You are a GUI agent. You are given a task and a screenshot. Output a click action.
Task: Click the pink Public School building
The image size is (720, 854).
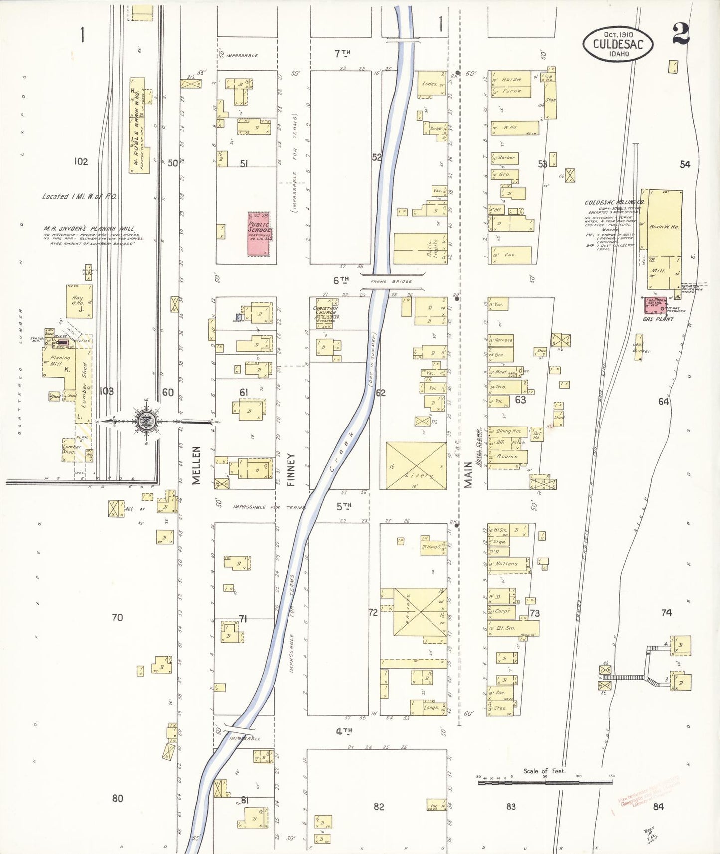pyautogui.click(x=260, y=234)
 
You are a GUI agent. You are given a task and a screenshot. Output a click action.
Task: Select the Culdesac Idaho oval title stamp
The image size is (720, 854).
pyautogui.click(x=618, y=44)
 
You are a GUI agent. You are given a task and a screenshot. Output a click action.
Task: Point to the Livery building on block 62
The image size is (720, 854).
pyautogui.click(x=416, y=465)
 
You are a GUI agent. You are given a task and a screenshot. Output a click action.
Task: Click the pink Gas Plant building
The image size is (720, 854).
pyautogui.click(x=654, y=305)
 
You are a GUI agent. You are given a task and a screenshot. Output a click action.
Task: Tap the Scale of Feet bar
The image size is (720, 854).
pyautogui.click(x=545, y=783)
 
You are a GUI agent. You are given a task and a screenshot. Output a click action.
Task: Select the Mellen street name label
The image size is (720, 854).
pyautogui.click(x=196, y=465)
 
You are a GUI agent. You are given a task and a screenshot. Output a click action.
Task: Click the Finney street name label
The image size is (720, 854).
pyautogui.click(x=291, y=469)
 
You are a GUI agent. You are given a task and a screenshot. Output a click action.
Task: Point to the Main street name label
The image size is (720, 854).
pyautogui.click(x=468, y=474)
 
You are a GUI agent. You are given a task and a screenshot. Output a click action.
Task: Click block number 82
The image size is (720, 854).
pyautogui.click(x=379, y=806)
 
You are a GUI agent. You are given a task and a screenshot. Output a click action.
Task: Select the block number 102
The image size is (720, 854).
pyautogui.click(x=81, y=161)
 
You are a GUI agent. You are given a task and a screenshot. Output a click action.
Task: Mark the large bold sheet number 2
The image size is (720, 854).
pyautogui.click(x=680, y=34)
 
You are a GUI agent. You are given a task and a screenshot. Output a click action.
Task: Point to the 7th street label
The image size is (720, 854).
pyautogui.click(x=342, y=52)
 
